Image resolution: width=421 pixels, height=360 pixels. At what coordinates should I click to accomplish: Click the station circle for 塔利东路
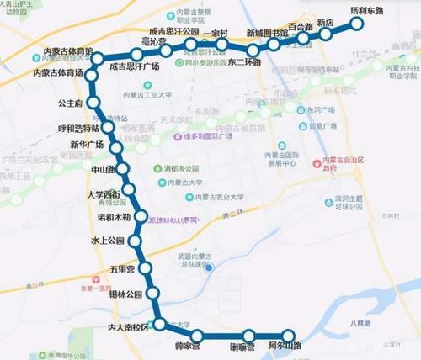356,24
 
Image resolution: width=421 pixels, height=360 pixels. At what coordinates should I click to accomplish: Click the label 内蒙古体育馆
63,40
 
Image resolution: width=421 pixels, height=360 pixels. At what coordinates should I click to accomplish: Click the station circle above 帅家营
198,336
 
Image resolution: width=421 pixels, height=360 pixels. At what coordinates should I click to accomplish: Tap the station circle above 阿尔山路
290,335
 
